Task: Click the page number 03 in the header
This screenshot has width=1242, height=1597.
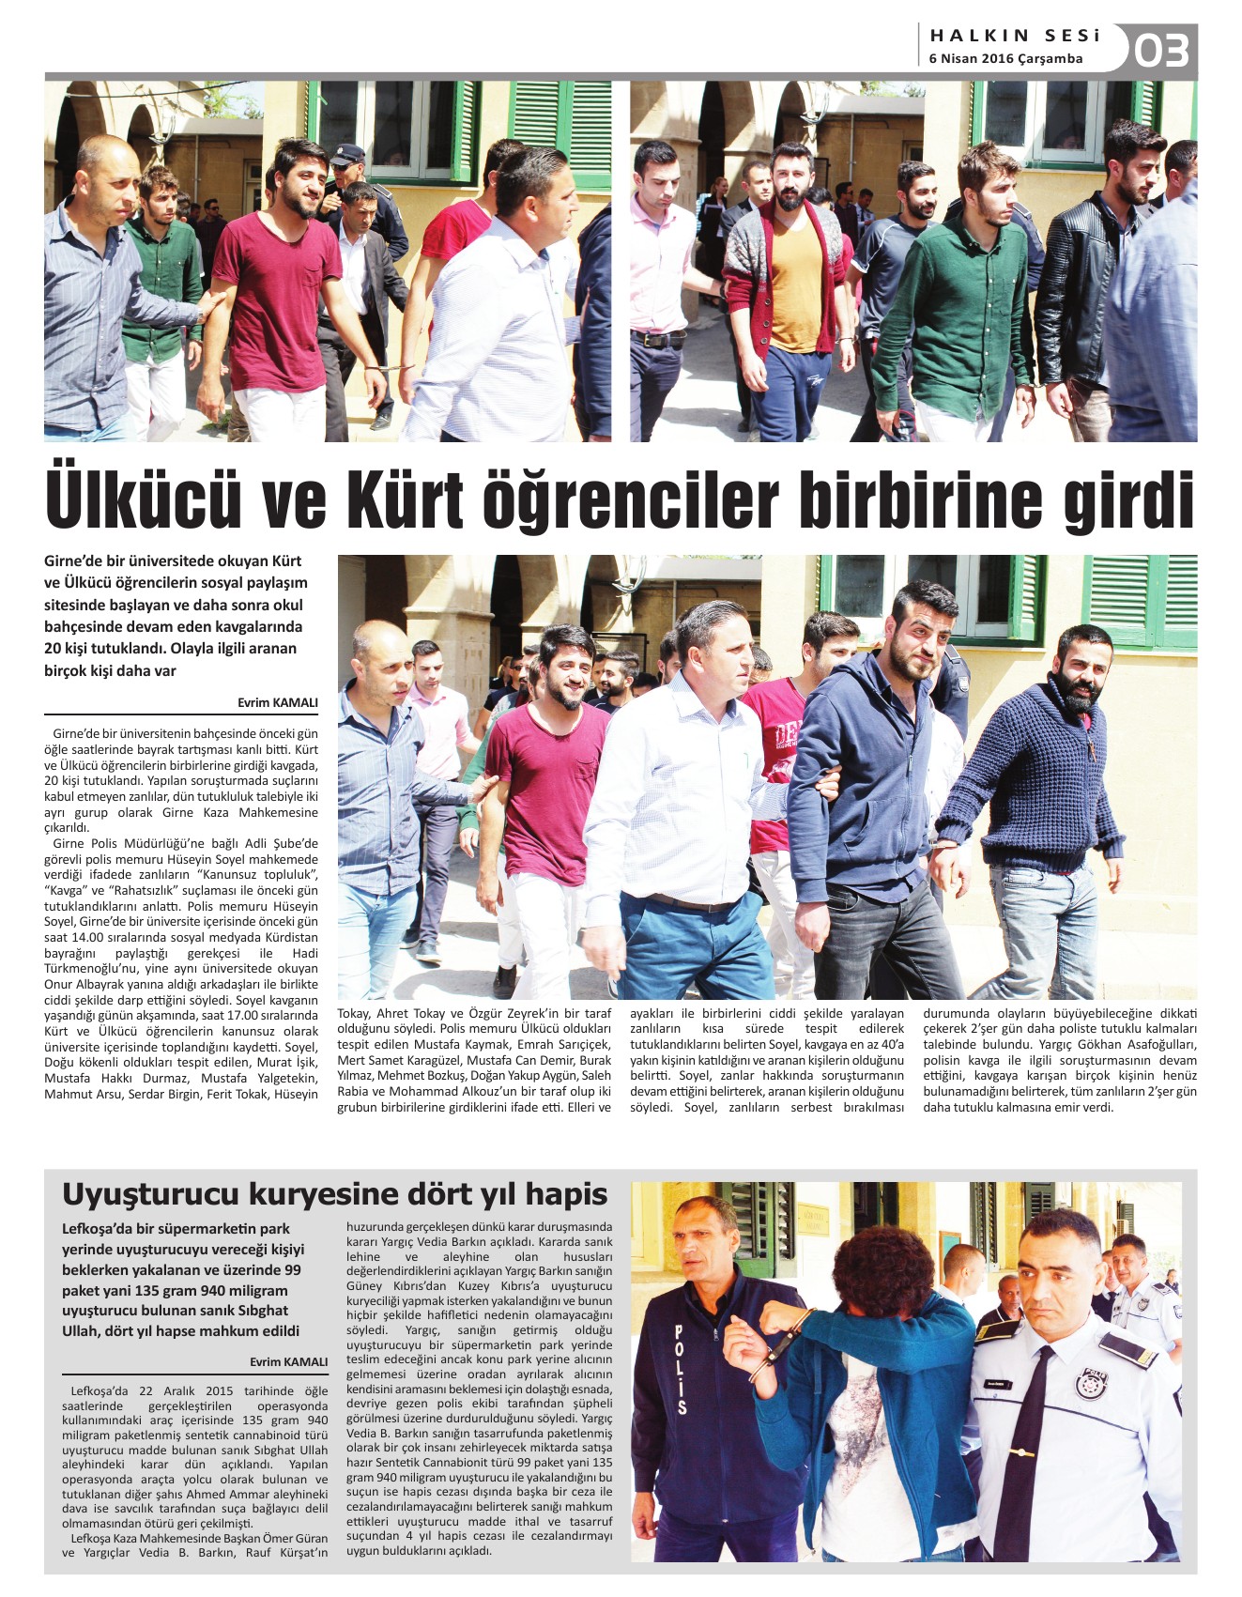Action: point(1162,50)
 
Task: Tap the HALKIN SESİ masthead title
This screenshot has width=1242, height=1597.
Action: point(1015,37)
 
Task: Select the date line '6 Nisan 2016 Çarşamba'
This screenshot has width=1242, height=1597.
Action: point(1005,59)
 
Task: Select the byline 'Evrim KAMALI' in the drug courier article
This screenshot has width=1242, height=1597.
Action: point(289,1361)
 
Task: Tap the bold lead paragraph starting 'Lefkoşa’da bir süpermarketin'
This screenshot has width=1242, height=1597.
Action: point(184,1280)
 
